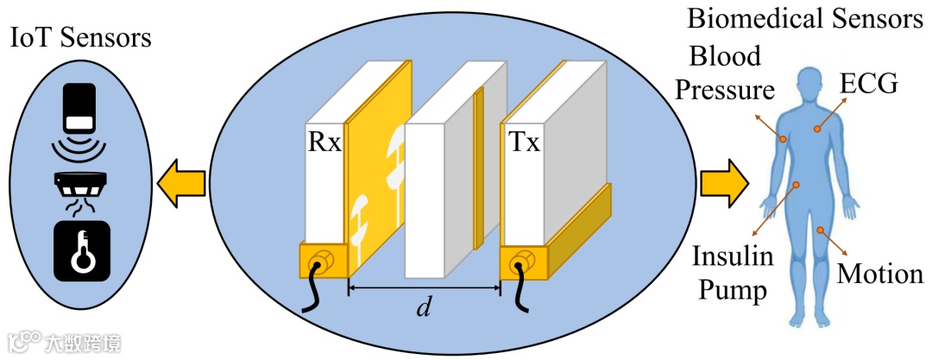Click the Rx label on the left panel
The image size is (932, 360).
pos(324,142)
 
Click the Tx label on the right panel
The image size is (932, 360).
pos(524,142)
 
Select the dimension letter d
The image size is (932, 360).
pos(424,307)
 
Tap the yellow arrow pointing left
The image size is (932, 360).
pos(180,183)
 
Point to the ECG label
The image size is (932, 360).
pos(869,85)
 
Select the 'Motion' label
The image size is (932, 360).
pos(880,275)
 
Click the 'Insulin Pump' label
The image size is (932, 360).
pos(733,274)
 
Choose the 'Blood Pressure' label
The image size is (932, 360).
pos(725,73)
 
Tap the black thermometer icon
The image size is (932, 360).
pos(82,250)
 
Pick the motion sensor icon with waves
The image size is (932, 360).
pos(83,121)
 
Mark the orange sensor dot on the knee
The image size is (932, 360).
pos(822,231)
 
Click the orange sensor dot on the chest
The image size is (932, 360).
pos(815,130)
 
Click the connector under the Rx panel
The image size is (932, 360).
pos(322,261)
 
